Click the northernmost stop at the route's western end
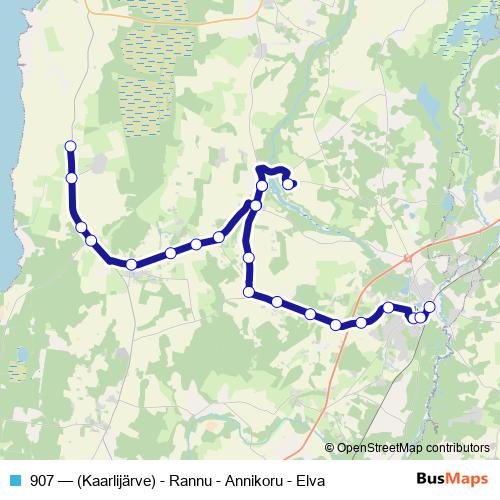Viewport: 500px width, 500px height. pos(70,147)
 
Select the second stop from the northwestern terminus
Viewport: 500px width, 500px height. pos(71,178)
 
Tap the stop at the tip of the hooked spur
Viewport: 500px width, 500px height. pos(288,183)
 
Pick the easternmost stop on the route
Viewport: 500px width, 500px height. pos(430,307)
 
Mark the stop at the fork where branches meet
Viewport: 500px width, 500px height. pos(256,205)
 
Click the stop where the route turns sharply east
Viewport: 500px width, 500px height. pos(249,291)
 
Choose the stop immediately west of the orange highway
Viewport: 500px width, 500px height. pos(336,324)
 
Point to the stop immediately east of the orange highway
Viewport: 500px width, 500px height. pos(361,322)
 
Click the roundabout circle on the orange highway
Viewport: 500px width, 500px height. pos(407,257)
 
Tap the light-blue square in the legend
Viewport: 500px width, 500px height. pos(14,481)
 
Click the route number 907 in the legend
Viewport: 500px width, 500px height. pos(42,481)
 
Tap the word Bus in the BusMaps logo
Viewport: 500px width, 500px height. pos(431,480)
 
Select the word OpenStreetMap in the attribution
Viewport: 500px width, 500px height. pos(379,447)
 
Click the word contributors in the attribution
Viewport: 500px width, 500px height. pos(455,447)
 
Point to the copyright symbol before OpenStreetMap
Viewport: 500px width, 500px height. pos(330,447)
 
